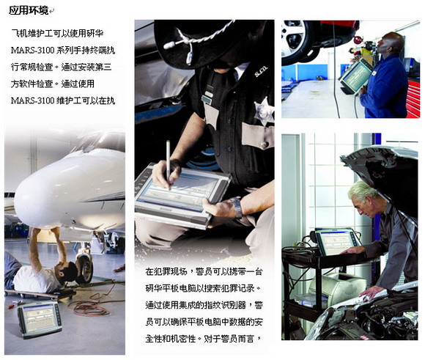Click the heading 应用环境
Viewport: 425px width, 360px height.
29,10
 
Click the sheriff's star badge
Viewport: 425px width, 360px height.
264,111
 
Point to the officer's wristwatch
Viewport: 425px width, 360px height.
237,207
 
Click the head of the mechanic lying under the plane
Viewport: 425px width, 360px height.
64,272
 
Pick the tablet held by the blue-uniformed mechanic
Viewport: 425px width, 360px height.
356,73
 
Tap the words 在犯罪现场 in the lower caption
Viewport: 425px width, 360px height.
166,271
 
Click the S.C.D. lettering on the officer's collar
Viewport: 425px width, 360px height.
261,71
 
